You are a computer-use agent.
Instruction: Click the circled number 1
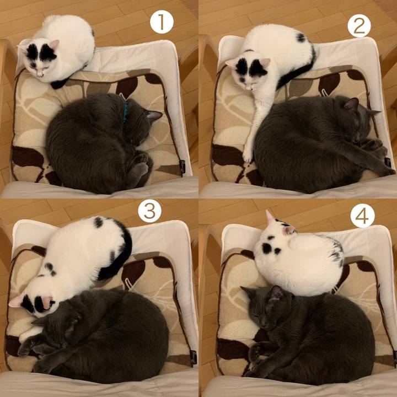162,22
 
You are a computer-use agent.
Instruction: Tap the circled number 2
359,25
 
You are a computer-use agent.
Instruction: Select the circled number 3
149,211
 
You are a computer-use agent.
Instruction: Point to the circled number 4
362,216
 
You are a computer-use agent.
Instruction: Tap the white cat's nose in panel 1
39,75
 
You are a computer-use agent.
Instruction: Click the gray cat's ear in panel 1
154,115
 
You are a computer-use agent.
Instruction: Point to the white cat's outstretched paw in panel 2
248,154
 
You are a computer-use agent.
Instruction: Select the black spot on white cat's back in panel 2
301,37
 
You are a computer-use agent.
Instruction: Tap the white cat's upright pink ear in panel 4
270,217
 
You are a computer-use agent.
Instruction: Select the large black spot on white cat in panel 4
267,248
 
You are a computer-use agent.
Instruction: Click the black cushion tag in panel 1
183,167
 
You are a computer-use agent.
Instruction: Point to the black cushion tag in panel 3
194,357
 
